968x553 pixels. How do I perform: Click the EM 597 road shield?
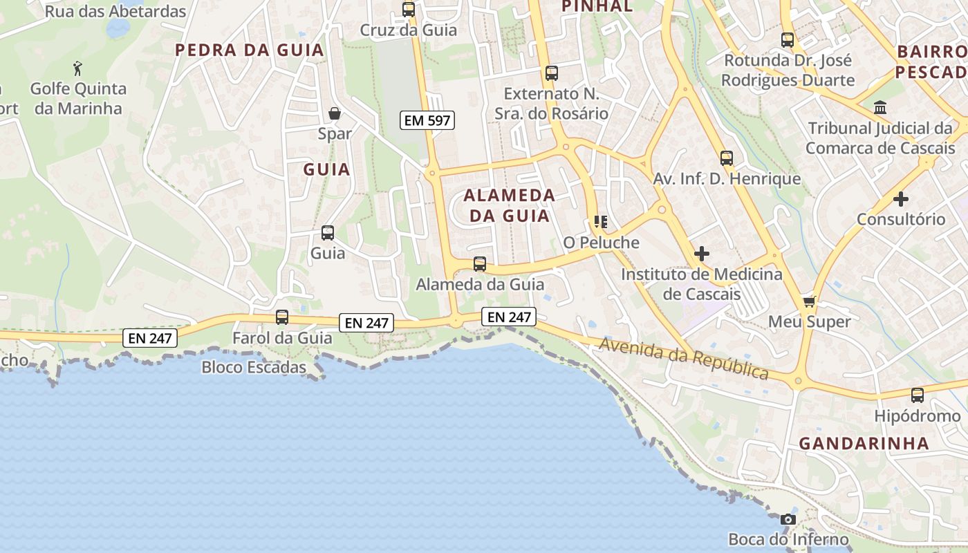click(x=427, y=120)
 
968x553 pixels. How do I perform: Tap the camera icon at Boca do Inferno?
click(x=788, y=520)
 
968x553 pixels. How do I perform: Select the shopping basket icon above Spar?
click(x=335, y=113)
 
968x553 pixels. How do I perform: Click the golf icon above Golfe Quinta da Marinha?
click(x=77, y=68)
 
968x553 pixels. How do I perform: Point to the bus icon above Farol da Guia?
click(x=282, y=317)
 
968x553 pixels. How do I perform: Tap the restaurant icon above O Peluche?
click(x=600, y=222)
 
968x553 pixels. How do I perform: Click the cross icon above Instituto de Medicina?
click(x=702, y=254)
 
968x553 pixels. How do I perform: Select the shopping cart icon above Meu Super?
click(x=809, y=301)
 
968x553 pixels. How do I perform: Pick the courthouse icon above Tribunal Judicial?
click(x=881, y=108)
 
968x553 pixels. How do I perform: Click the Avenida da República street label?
click(x=684, y=358)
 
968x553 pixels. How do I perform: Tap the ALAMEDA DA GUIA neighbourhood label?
click(x=510, y=205)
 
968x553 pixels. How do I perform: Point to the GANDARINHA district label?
click(x=864, y=444)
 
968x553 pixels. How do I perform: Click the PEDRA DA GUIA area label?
click(x=250, y=50)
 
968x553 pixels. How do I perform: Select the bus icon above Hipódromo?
click(x=917, y=395)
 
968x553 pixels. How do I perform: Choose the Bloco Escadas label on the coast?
click(x=254, y=367)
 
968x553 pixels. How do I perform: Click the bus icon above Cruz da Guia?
click(x=409, y=10)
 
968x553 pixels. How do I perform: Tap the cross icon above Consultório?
click(x=900, y=199)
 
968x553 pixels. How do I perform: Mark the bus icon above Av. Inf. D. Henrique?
click(x=727, y=158)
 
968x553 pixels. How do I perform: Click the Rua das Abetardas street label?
click(x=115, y=12)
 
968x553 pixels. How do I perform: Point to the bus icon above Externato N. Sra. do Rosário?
click(x=551, y=73)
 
